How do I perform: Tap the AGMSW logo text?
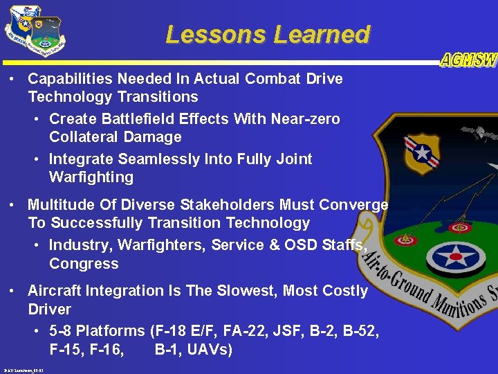tap(468, 61)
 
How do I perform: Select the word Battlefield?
tap(140, 119)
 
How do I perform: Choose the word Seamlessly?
tap(157, 159)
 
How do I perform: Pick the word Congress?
tap(84, 264)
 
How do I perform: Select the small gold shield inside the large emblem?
tap(421, 154)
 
